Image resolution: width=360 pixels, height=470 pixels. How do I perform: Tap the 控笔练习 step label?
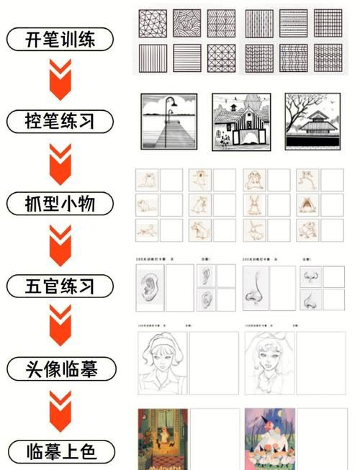click(x=61, y=120)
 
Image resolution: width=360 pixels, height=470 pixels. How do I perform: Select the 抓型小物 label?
click(x=61, y=204)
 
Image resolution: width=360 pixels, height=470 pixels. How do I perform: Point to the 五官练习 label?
click(x=61, y=286)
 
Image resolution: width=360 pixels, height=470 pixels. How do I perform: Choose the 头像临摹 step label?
click(x=61, y=369)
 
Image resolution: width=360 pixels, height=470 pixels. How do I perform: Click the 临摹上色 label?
click(x=61, y=452)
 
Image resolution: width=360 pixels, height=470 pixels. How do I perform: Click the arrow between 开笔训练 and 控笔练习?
click(x=61, y=78)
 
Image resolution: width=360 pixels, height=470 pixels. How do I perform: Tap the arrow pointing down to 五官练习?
click(x=61, y=245)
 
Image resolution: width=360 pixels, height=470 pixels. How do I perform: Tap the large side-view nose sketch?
click(x=256, y=287)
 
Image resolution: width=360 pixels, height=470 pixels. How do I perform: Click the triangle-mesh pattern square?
click(x=152, y=23)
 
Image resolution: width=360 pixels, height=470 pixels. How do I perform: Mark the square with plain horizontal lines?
click(x=186, y=58)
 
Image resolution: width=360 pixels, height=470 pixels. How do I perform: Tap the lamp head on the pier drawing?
click(x=175, y=100)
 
